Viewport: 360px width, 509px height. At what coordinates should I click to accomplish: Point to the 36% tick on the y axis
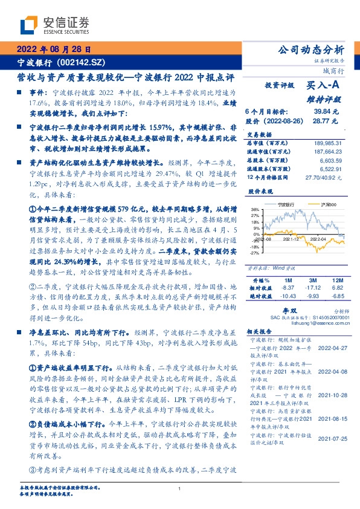[x=256, y=209]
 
